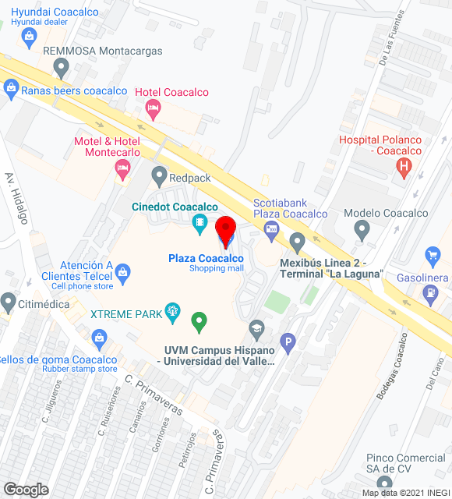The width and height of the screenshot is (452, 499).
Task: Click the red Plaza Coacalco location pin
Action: [225, 231]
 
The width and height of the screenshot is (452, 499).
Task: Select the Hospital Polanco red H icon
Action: [404, 166]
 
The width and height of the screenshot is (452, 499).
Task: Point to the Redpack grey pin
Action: [160, 176]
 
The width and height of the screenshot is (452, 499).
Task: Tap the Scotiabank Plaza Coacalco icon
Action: [271, 228]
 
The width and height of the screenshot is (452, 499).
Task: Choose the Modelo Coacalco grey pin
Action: [362, 229]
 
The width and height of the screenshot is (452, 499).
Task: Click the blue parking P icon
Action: [288, 342]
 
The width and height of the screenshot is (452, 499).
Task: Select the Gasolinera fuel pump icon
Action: [429, 293]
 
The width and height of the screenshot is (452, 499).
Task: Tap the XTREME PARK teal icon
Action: [173, 314]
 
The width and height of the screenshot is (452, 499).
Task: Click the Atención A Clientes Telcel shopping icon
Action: [122, 272]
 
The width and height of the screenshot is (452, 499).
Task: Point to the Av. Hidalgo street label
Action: [16, 198]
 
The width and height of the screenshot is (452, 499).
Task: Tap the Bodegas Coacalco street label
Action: [392, 366]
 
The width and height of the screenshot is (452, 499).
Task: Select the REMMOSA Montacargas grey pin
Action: [62, 68]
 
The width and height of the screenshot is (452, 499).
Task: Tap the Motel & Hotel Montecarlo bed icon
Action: [122, 168]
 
